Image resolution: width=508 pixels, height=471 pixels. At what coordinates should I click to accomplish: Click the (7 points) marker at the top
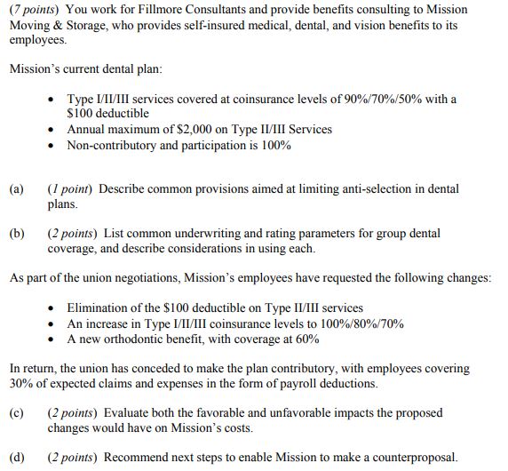[33, 10]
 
